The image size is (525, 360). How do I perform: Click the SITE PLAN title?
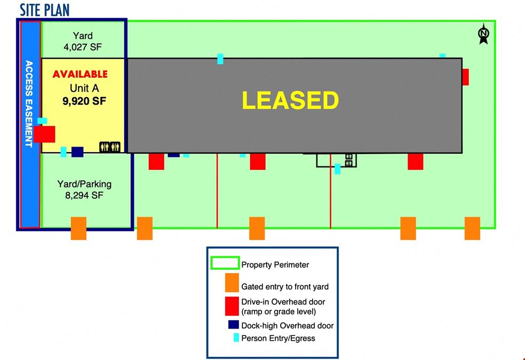(x=44, y=10)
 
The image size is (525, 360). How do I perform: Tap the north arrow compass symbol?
(x=483, y=34)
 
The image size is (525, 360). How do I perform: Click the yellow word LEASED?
(x=290, y=100)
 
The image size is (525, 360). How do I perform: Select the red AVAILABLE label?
(x=80, y=74)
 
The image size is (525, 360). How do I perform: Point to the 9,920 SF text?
(x=84, y=101)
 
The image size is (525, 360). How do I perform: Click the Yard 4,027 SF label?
(x=83, y=41)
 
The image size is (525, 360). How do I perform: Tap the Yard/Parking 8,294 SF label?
(x=84, y=189)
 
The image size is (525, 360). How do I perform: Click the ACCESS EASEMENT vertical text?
(x=29, y=103)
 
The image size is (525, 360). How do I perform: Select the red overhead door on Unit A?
(x=44, y=134)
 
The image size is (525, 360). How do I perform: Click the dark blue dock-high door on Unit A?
(x=77, y=152)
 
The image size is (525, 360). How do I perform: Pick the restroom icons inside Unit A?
(x=110, y=147)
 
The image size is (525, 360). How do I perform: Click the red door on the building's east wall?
(x=465, y=77)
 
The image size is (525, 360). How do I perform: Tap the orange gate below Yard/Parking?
(x=78, y=228)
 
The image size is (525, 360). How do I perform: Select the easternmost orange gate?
(x=472, y=228)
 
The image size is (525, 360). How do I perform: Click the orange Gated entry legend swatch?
(x=232, y=283)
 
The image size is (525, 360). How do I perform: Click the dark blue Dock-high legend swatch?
(x=233, y=325)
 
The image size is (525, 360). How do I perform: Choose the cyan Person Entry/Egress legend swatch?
(x=236, y=338)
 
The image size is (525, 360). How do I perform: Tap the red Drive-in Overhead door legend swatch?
(x=232, y=306)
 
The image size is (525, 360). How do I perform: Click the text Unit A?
(x=84, y=89)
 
